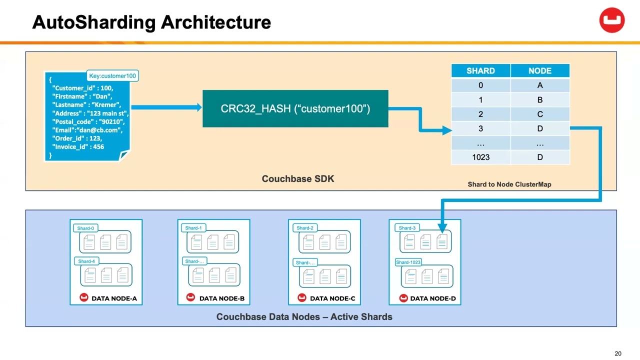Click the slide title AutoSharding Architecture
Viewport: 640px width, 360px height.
[151, 22]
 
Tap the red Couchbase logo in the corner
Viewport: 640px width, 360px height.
[612, 20]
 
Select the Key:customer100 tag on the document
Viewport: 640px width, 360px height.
[112, 76]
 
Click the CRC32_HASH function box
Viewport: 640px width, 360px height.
[295, 108]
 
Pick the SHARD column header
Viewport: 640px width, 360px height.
[480, 71]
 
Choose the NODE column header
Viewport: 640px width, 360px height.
[539, 71]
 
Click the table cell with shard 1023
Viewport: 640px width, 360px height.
[480, 157]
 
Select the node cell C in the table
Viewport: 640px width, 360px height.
[539, 114]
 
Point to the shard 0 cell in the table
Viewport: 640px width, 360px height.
[480, 85]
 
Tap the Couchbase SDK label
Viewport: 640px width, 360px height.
[298, 178]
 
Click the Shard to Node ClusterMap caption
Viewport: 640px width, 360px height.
[509, 184]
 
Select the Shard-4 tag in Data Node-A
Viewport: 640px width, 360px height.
[86, 261]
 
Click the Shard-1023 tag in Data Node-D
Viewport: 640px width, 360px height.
[408, 262]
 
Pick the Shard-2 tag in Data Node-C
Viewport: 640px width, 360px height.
[305, 228]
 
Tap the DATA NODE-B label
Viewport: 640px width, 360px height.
[221, 298]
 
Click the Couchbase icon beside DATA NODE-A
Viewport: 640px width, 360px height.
[84, 298]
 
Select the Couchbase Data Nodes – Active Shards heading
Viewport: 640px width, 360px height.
[304, 317]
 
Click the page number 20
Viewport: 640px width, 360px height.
[618, 353]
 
